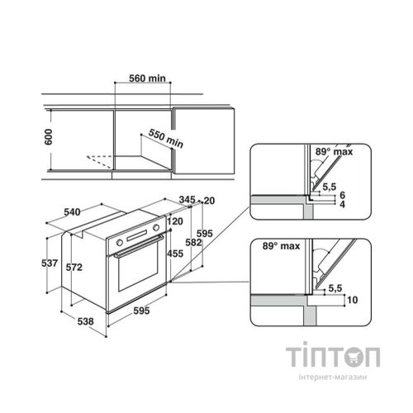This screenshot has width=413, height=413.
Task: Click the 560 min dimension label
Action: point(147,78)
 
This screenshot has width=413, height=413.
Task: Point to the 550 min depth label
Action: point(166,138)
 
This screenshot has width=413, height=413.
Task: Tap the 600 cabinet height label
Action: point(48,137)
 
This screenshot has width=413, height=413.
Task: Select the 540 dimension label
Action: point(72,212)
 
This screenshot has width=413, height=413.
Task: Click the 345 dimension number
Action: point(187,199)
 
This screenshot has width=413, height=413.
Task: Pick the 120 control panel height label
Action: point(175,221)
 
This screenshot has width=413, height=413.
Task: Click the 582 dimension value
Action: point(193,243)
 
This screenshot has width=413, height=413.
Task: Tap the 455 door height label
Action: point(175,254)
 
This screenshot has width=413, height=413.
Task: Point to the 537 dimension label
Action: point(50,263)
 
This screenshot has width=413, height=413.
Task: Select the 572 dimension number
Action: point(74,267)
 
